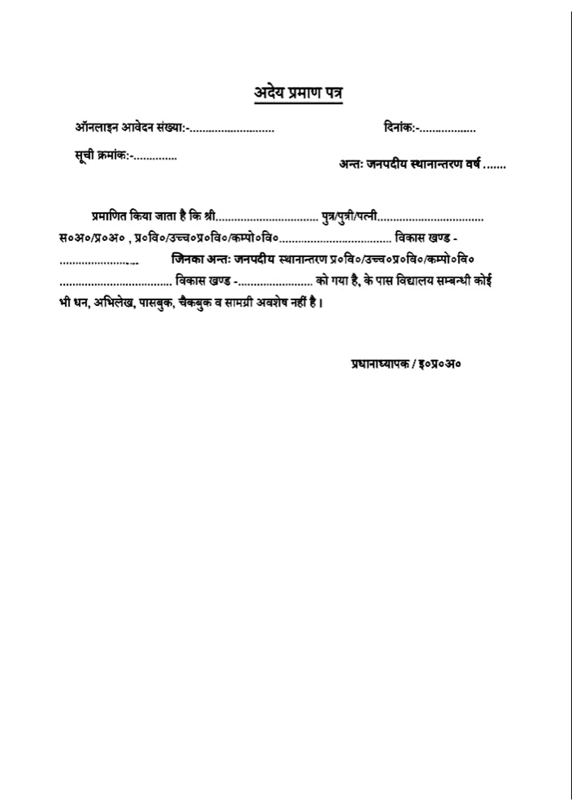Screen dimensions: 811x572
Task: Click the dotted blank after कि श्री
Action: (x=267, y=219)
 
